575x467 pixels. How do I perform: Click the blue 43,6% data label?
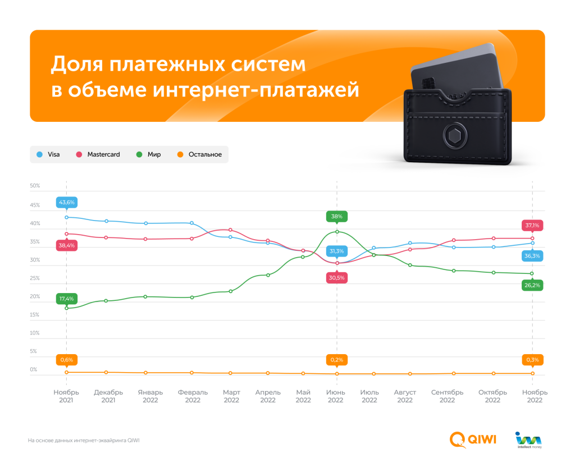(66, 202)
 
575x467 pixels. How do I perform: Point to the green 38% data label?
(336, 216)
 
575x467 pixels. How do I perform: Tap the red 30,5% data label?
(336, 277)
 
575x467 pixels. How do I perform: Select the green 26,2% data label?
(532, 285)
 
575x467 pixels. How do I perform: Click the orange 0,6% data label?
(66, 360)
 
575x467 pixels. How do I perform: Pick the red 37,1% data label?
(532, 225)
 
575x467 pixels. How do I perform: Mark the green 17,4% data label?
(66, 299)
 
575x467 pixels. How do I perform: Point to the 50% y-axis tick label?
(34, 186)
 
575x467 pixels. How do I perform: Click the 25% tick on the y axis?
(34, 278)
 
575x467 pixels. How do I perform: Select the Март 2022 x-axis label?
(231, 396)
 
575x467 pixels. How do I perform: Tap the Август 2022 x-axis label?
(405, 396)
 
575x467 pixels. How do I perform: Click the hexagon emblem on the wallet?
(452, 136)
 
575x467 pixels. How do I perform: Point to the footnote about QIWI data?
(84, 440)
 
